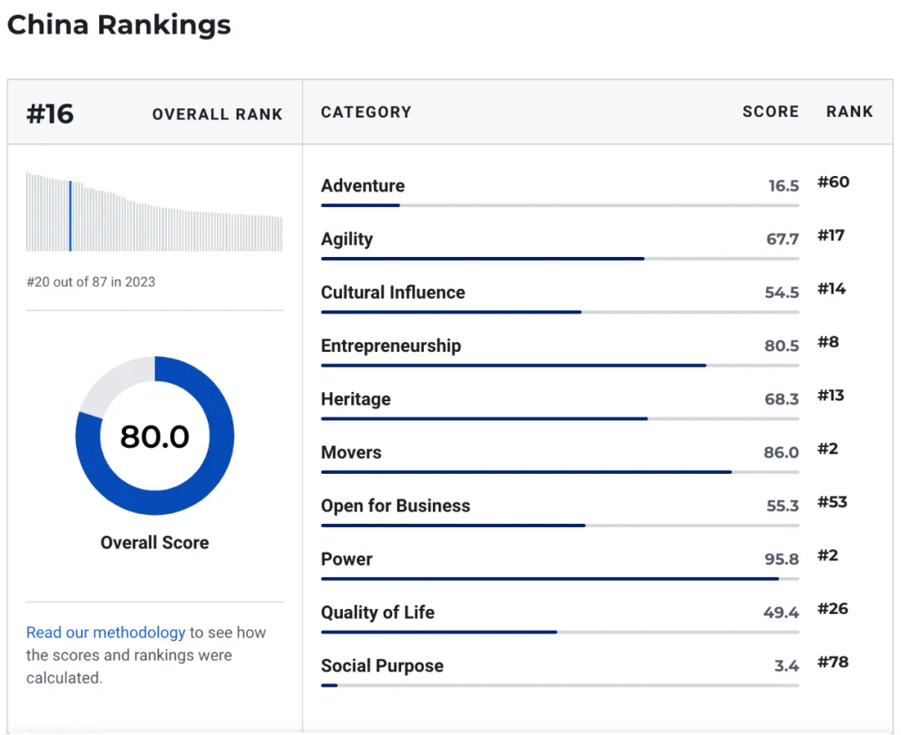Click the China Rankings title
coord(118,25)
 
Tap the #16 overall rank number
coord(50,113)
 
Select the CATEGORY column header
coord(366,112)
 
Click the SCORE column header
coord(770,112)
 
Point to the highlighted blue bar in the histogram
coord(70,215)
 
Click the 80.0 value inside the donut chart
coord(155,436)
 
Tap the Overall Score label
coord(155,542)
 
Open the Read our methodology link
coord(106,632)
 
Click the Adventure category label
coord(363,186)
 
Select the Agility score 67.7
coord(783,239)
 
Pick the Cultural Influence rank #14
coord(832,289)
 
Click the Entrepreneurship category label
coord(391,346)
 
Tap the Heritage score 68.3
coord(782,400)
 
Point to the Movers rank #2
coord(828,449)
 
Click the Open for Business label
coord(395,506)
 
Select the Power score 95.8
coord(782,560)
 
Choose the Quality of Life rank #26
coord(833,609)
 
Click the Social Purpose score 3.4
coord(787,667)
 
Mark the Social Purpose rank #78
coord(833,662)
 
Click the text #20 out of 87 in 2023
coord(91,282)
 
